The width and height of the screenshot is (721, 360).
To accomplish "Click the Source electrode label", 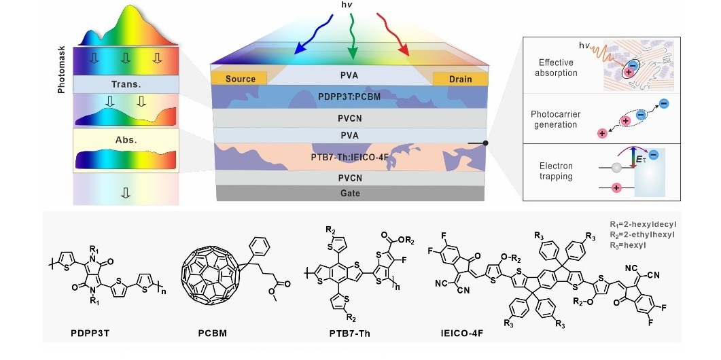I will (241, 79).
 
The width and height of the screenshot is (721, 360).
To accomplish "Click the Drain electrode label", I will (460, 79).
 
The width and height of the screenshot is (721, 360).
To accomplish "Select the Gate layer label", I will (350, 193).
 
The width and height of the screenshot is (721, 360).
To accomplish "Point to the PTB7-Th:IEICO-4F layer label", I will (349, 157).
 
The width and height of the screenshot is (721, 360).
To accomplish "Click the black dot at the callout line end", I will (485, 143).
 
